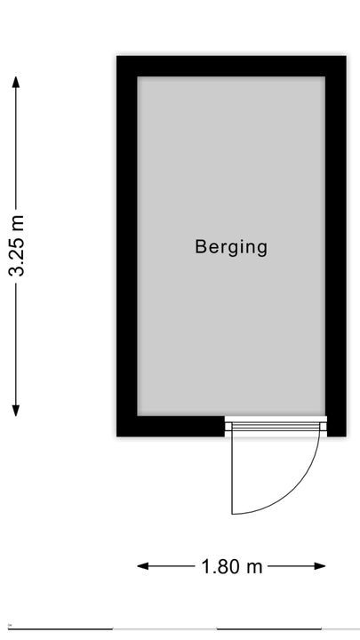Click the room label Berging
coord(231,247)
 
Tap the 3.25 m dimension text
coord(17,245)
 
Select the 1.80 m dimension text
coord(232,566)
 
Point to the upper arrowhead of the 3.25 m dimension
coord(16,82)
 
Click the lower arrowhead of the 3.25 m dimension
coord(16,411)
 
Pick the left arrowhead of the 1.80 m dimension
coord(143,566)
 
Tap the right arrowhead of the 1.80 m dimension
coord(320,566)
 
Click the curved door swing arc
coord(295,489)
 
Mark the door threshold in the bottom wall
coord(276,427)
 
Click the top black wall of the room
coord(231,66)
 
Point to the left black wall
coord(127,246)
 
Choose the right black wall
coord(336,246)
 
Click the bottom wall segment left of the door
coord(171,426)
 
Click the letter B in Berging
coord(200,246)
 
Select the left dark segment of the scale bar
coord(60,629)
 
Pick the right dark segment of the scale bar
coord(269,629)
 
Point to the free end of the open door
coord(232,514)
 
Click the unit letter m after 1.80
coord(255,568)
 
